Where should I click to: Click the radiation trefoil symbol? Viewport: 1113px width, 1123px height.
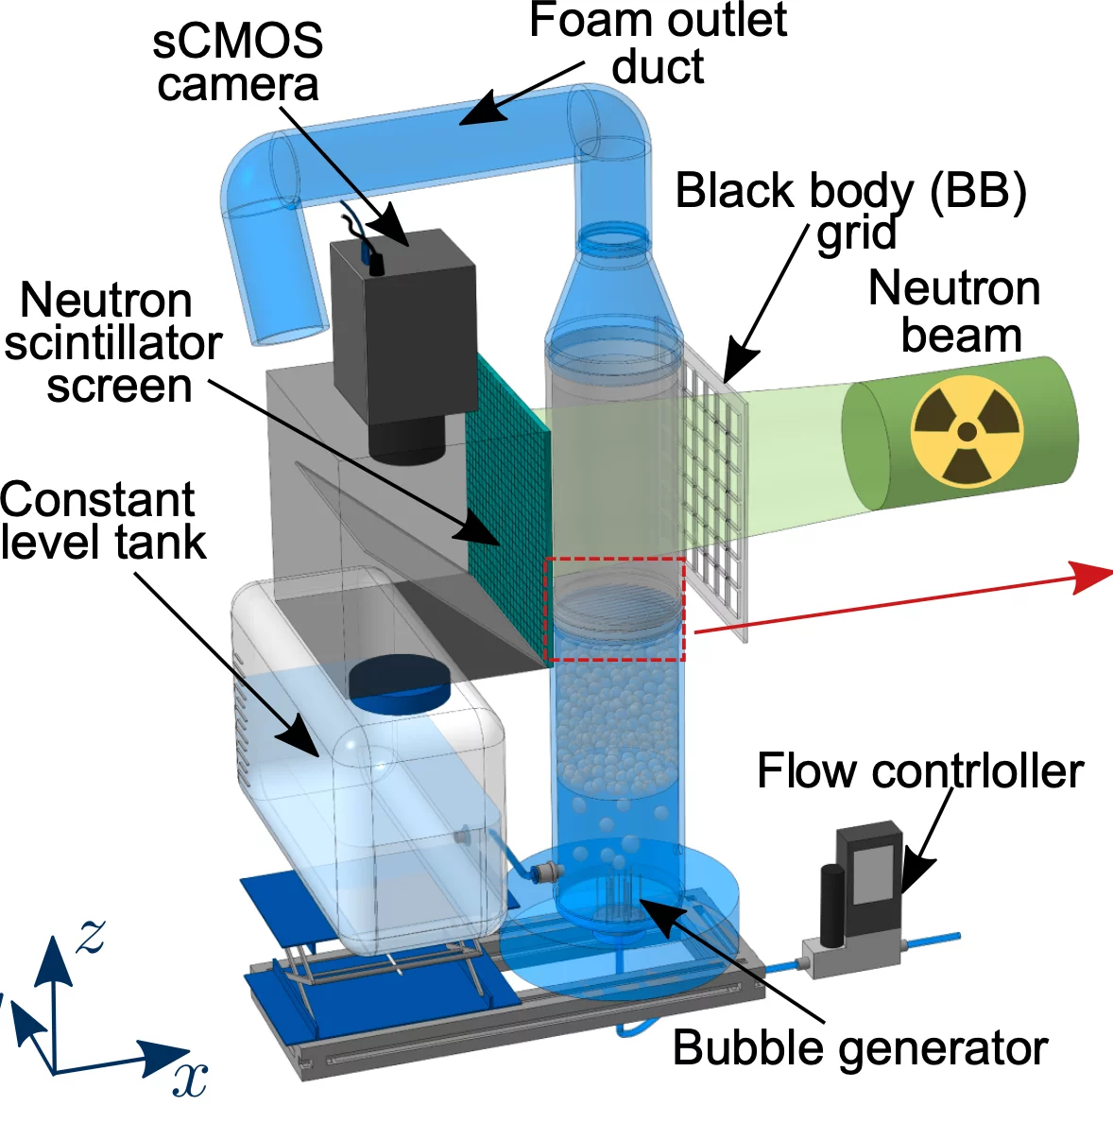coord(966,432)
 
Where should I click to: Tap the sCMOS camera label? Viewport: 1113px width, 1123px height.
coord(238,62)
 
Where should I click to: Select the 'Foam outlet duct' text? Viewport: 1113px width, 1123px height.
coord(659,43)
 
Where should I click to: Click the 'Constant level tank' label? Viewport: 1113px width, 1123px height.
coord(102,521)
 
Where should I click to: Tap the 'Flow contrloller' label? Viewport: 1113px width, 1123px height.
coord(919,770)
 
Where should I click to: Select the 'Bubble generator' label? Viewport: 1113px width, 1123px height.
coord(860,1047)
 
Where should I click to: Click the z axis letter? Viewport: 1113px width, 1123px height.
coord(91,935)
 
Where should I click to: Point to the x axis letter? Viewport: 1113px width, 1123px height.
coord(190,1078)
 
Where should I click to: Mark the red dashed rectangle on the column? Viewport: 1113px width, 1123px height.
coord(615,609)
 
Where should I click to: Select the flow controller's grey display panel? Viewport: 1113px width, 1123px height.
coord(871,871)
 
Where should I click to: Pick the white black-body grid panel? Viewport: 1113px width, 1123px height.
coord(714,492)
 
